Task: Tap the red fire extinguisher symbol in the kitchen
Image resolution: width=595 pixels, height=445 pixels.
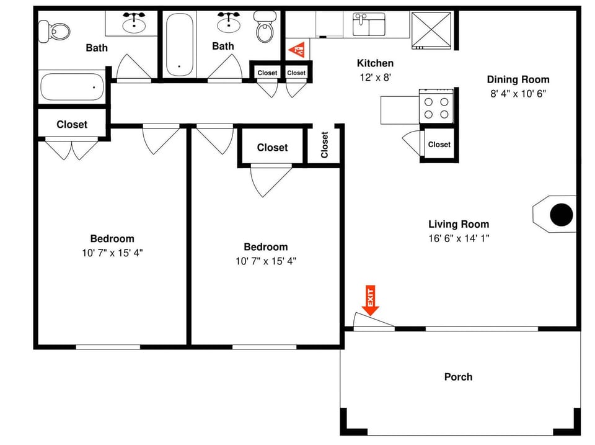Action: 297,48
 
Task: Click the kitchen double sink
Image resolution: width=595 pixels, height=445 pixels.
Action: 369,25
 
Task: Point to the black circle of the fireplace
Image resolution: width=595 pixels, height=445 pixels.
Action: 562,215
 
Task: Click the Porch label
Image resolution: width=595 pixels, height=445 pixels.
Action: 458,377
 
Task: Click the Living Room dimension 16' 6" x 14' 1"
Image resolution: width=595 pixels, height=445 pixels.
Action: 459,238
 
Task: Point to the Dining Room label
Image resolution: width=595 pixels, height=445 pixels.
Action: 518,79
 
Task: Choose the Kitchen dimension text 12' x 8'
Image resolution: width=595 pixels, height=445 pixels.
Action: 375,78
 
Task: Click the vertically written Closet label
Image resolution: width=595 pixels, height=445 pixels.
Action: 325,145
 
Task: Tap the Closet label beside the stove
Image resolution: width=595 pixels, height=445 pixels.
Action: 439,145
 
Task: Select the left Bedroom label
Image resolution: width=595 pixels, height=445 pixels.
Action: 112,238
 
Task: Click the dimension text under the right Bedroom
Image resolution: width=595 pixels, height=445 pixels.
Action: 266,261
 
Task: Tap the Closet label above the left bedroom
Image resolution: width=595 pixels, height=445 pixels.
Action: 72,124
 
